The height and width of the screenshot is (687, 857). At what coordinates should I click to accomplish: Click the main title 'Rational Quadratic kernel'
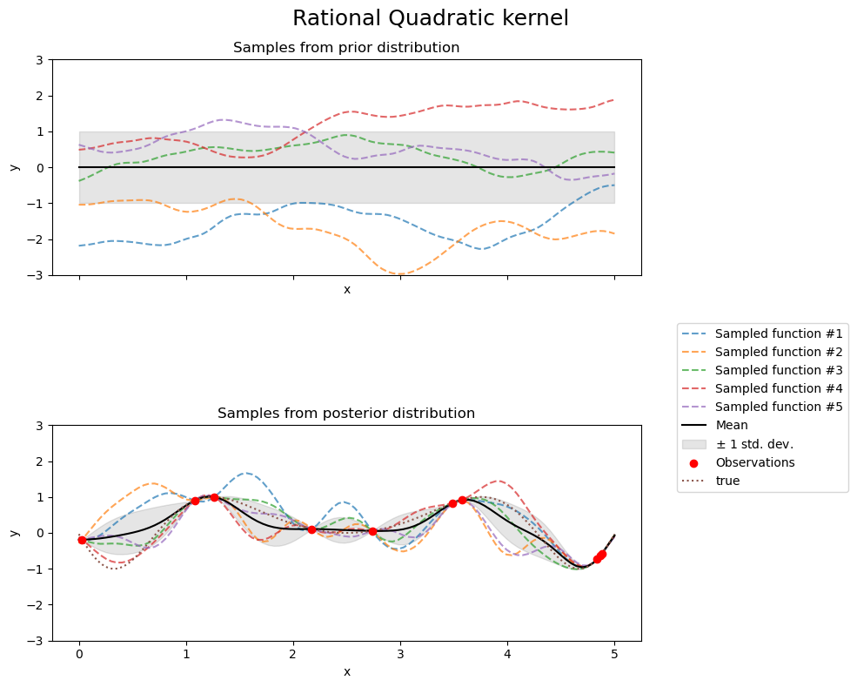click(430, 18)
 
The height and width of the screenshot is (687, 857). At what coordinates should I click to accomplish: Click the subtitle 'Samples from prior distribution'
click(346, 47)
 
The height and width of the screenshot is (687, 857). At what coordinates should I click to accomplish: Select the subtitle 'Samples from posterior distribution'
click(346, 413)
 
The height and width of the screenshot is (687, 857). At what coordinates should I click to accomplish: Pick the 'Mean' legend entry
click(731, 425)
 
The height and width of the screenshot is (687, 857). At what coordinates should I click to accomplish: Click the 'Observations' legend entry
click(754, 462)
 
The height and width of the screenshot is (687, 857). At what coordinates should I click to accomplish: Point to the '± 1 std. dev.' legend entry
click(753, 444)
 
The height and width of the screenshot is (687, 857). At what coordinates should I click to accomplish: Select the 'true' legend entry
click(727, 481)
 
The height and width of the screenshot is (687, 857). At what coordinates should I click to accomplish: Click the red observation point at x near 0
click(82, 540)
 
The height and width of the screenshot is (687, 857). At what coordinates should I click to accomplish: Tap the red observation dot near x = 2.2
click(311, 529)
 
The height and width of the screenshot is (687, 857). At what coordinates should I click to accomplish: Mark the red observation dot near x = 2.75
click(372, 531)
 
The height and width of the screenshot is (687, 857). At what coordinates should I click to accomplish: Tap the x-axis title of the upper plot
click(346, 289)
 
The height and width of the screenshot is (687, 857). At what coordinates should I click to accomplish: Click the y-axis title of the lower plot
click(15, 533)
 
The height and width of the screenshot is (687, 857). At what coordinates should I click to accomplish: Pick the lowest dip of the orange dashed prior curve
click(400, 274)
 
